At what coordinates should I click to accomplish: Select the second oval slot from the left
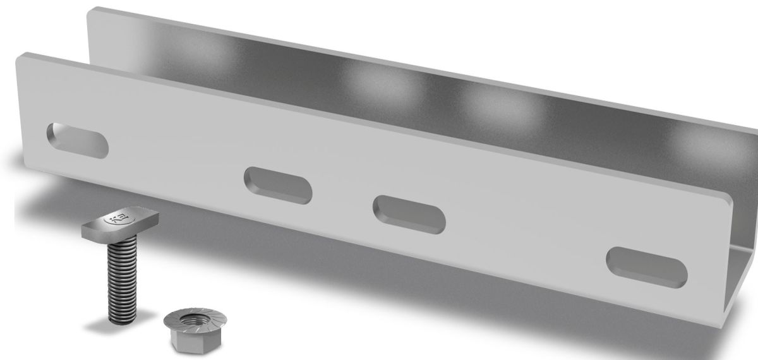(x=278, y=186)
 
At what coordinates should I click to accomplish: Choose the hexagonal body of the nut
(x=188, y=341)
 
